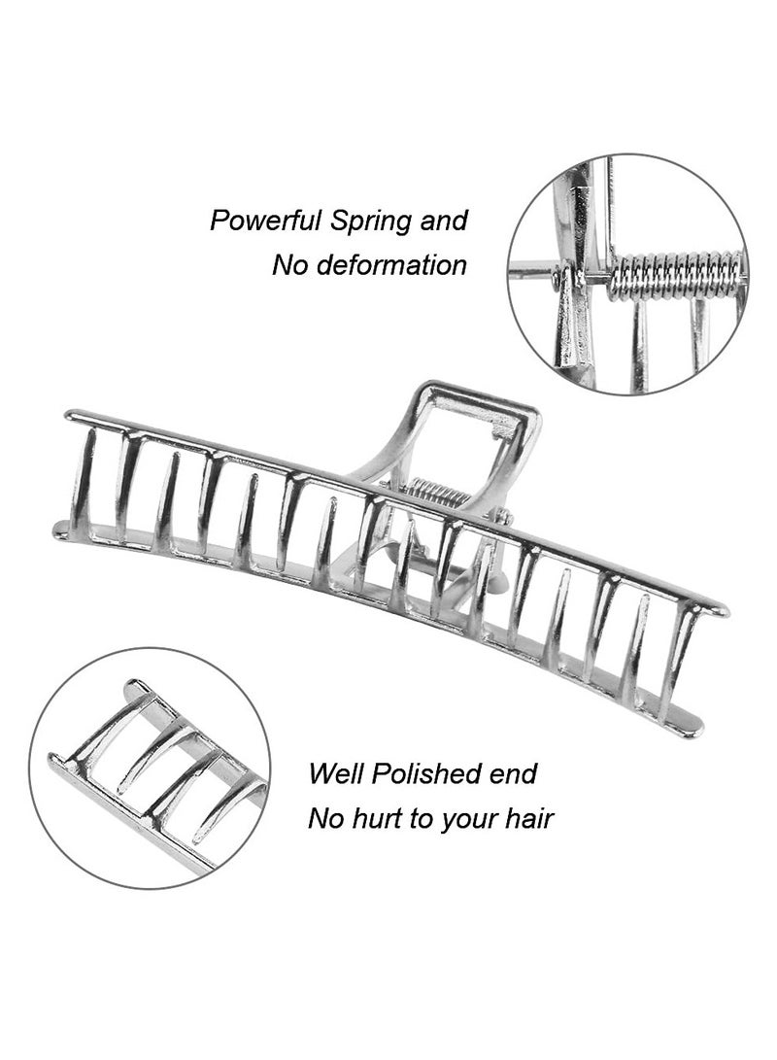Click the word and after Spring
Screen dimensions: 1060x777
click(x=443, y=221)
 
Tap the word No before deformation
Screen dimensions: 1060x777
click(x=289, y=264)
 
